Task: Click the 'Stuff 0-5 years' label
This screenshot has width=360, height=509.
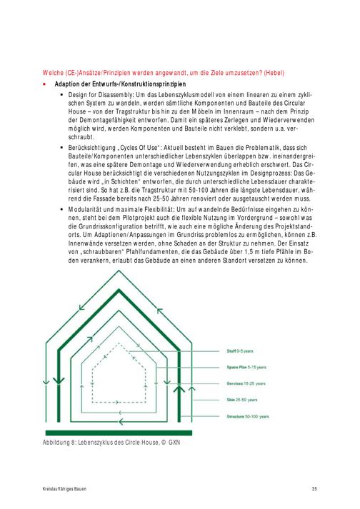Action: (x=240, y=351)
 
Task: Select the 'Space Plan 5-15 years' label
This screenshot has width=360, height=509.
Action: (x=246, y=367)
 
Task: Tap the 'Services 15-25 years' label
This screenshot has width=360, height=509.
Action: (x=246, y=383)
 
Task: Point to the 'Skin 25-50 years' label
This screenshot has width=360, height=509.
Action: (x=241, y=400)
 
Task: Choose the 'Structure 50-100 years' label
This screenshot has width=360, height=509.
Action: (x=248, y=416)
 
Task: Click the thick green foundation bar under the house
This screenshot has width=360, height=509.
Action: (x=119, y=433)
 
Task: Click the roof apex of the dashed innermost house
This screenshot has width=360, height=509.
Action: (x=119, y=344)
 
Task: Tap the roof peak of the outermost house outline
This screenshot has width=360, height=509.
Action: (x=119, y=271)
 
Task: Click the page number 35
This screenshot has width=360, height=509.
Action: (x=314, y=489)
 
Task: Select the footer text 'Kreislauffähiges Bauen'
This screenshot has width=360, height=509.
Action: (x=64, y=489)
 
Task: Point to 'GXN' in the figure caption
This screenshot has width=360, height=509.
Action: (x=174, y=443)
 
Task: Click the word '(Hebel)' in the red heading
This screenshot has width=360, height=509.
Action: (x=274, y=73)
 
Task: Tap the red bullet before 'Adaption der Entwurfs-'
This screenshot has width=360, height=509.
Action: (x=44, y=84)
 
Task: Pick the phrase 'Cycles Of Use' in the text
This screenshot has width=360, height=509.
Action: (x=139, y=148)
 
